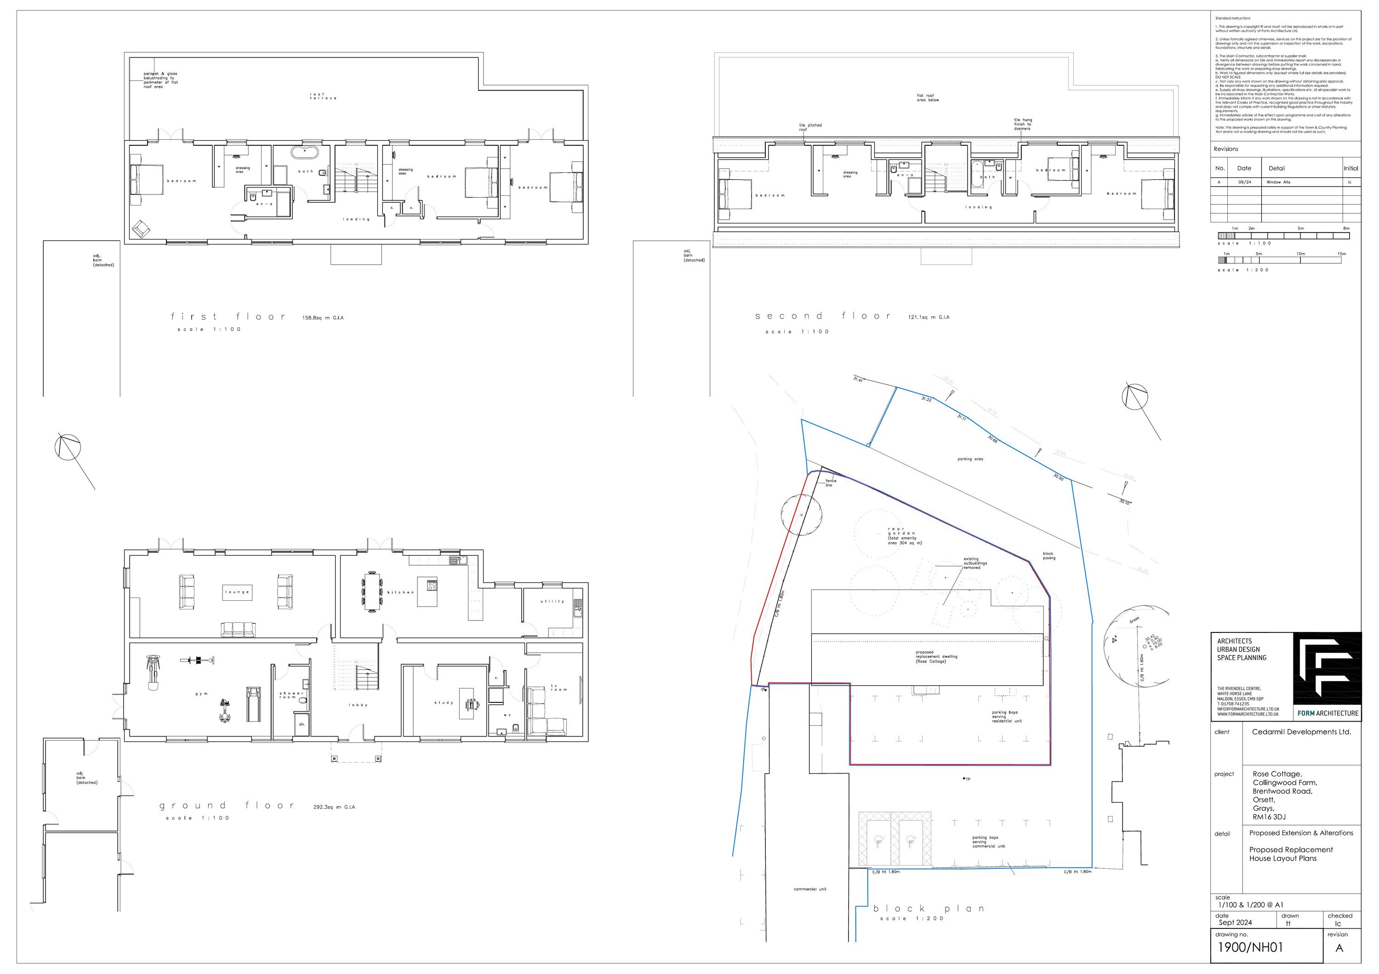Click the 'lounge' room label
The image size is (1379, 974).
coord(237,592)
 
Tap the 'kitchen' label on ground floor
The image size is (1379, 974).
coord(401,592)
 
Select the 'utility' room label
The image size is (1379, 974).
coord(552,601)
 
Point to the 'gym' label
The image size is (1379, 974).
coord(201,694)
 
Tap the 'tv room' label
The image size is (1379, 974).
coord(558,688)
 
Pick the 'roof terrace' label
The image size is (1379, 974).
coord(323,96)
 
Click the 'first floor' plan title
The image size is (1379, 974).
coord(228,316)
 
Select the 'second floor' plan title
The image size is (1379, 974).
coord(823,316)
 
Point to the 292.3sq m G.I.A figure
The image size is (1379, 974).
coord(334,807)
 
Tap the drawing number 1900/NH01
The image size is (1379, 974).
coord(1249,948)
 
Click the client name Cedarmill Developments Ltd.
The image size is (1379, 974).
coord(1301,732)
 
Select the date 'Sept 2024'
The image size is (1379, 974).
coord(1235,923)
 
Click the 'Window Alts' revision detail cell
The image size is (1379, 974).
coord(1278,182)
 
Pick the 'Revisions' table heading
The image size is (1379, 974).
coord(1225,149)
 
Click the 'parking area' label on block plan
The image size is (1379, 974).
coord(970,459)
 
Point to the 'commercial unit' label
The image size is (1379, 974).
coord(809,889)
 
